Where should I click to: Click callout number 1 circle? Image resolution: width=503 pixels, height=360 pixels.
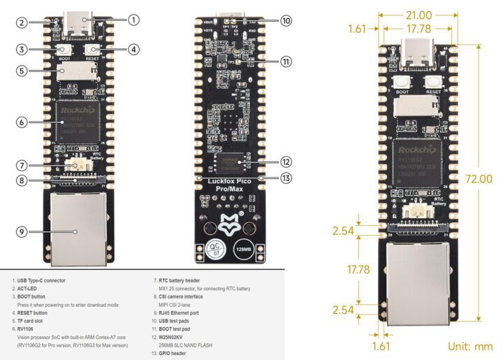click(134, 20)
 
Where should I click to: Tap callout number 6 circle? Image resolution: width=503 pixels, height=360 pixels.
click(23, 122)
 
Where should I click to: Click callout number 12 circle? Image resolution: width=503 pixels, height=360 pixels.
click(286, 161)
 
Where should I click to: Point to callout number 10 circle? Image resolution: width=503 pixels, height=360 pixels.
click(286, 21)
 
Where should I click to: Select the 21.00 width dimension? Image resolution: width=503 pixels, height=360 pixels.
click(417, 15)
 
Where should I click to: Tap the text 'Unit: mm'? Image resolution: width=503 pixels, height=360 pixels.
click(471, 345)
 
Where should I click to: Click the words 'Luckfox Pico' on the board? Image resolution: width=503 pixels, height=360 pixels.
click(228, 182)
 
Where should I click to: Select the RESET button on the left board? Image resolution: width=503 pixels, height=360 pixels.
click(92, 50)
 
